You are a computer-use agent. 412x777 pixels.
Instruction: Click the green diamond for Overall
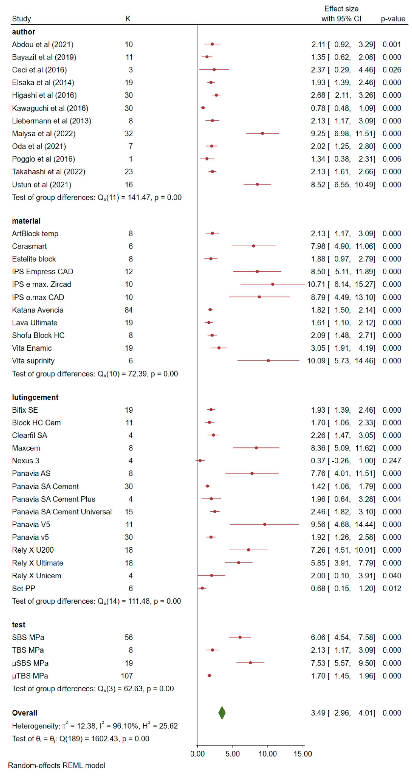point(222,713)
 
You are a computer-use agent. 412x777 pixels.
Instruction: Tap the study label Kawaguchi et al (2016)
point(50,108)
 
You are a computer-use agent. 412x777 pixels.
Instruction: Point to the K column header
point(128,19)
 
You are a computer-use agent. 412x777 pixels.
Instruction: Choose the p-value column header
point(393,19)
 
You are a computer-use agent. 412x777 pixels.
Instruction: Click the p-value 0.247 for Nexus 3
point(392,461)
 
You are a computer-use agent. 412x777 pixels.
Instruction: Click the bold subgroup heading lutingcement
point(35,397)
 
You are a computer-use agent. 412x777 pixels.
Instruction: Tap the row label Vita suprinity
point(33,361)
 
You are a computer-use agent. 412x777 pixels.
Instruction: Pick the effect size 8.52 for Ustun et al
point(318,185)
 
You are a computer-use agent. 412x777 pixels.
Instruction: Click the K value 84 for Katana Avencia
point(129,310)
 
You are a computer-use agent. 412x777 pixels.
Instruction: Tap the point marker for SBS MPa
point(240,637)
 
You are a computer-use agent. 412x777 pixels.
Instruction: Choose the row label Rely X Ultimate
point(38,563)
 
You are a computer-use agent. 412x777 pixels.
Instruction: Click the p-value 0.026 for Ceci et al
point(392,70)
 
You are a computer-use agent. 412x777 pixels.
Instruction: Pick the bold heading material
point(26,221)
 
